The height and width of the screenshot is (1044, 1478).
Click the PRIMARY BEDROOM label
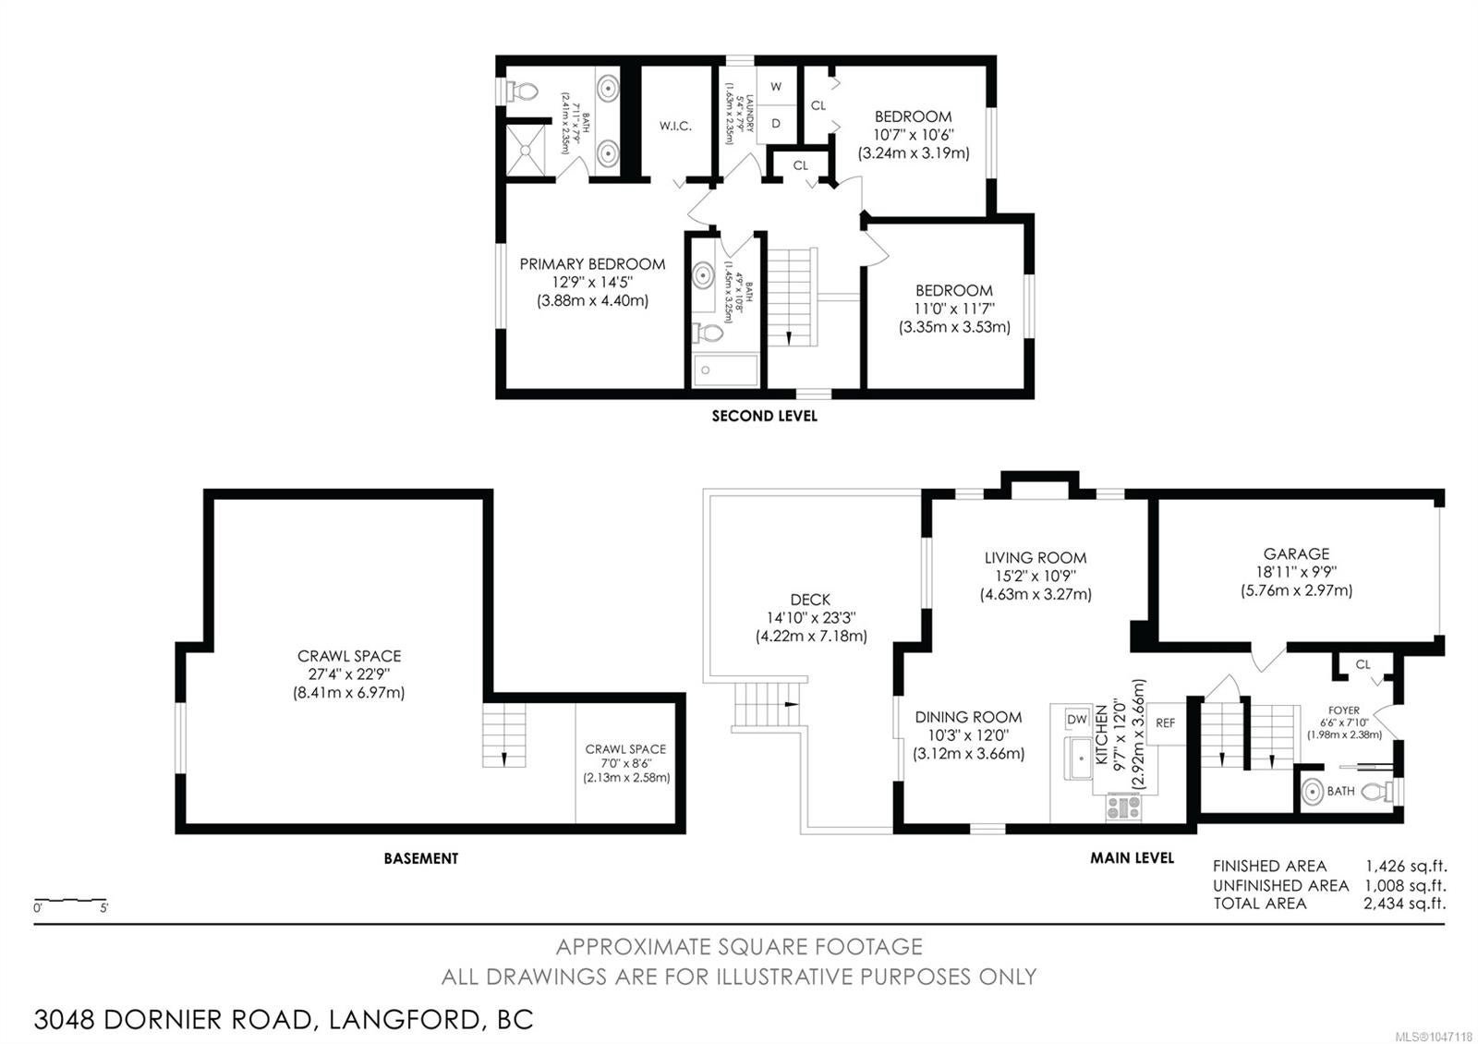(592, 264)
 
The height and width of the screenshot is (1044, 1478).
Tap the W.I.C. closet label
(675, 126)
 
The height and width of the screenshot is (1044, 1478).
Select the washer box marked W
(776, 86)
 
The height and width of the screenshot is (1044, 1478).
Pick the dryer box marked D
(776, 124)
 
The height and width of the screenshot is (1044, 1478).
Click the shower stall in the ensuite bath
(526, 151)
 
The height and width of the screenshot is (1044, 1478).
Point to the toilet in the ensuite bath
(523, 91)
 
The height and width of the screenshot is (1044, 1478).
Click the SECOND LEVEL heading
(764, 416)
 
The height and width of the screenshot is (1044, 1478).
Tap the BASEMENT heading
(421, 858)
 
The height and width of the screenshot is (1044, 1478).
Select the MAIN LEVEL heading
(1132, 857)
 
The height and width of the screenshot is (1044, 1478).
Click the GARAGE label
(1296, 553)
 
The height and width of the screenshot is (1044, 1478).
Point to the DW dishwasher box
(1077, 719)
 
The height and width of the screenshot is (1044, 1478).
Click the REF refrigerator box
(1165, 723)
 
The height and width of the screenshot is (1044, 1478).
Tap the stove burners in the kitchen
(1123, 807)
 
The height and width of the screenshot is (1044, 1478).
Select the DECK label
(810, 600)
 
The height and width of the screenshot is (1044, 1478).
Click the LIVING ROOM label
(1036, 558)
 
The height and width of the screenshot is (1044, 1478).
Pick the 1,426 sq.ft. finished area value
(1405, 866)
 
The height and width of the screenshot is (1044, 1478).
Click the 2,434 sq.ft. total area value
(1405, 903)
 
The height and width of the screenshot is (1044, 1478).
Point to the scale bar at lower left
(70, 900)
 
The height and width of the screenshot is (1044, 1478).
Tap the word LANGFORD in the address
(404, 1020)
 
